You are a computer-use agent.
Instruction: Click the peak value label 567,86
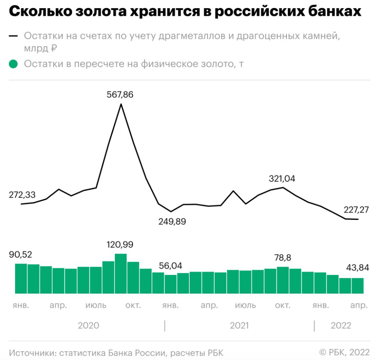coord(120,95)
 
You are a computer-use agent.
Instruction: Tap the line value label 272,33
coord(22,195)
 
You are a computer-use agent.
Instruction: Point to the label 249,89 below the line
coord(172,222)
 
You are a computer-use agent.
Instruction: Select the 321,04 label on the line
coord(282,179)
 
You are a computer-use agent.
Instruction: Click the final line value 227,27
coord(356,209)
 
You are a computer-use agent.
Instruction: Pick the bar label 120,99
coord(120,244)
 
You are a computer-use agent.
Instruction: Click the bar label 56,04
coord(171,265)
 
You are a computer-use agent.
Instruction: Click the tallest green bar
coord(121,273)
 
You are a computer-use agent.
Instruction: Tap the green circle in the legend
coord(13,64)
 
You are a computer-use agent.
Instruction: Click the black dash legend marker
coord(13,36)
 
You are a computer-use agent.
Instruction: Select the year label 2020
coord(88,325)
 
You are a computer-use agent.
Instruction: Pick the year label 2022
coord(341,325)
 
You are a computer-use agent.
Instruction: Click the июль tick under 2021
coord(246,306)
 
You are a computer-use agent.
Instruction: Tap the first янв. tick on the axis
coord(21,306)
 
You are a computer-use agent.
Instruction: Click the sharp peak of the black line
coord(121,104)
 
